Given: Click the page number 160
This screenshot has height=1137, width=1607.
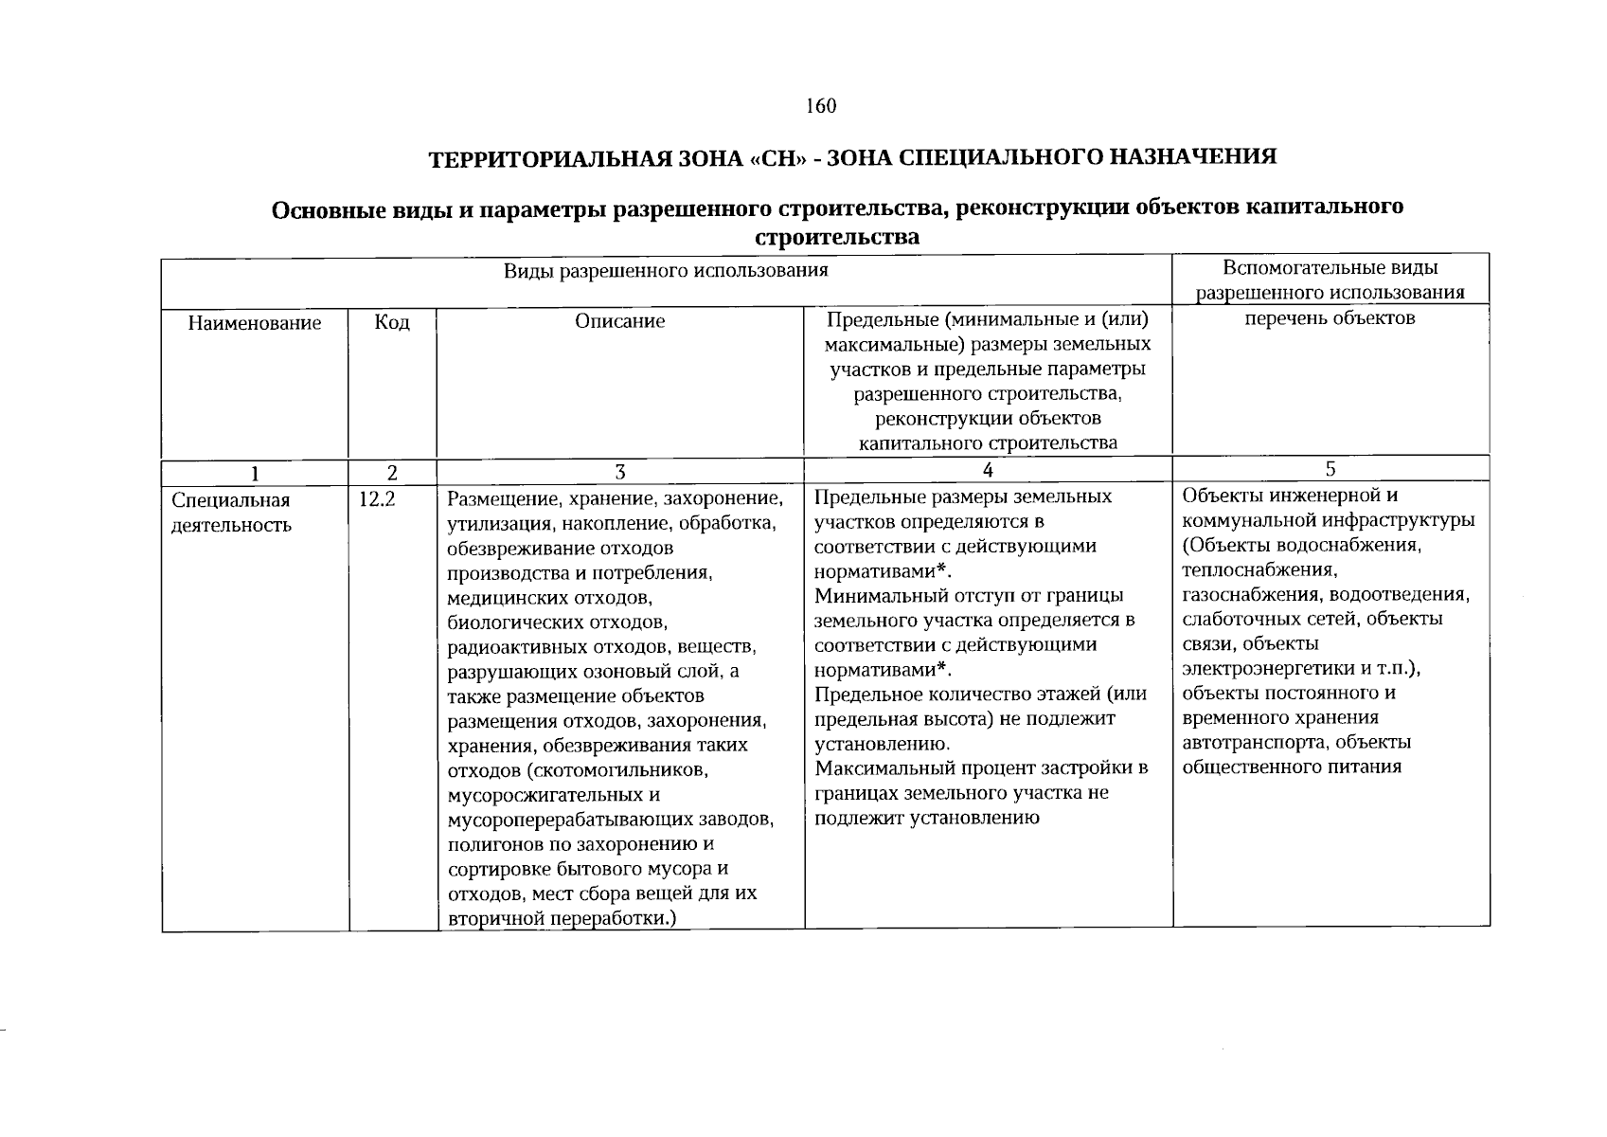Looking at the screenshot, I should click(821, 106).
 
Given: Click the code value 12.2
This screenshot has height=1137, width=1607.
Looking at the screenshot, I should click(377, 499).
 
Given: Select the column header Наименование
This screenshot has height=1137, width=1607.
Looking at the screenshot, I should click(254, 323).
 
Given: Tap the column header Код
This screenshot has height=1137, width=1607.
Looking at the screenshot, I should click(392, 323).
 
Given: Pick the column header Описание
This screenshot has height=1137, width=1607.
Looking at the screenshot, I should click(620, 321).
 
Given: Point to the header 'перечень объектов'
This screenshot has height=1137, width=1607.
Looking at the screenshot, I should click(1330, 318).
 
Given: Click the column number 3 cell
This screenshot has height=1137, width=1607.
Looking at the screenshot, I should click(620, 472).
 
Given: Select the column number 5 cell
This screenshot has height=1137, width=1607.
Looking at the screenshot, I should click(1330, 469).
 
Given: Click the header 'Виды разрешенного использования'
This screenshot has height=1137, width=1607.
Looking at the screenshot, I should click(666, 271).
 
